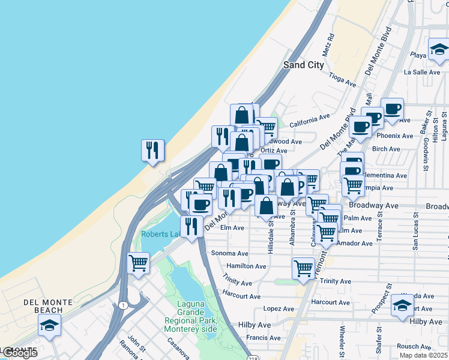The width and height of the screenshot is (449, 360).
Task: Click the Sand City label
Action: click(303, 65)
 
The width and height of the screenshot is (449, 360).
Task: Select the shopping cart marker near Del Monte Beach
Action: click(139, 263)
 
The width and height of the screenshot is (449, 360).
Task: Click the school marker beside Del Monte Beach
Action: click(50, 326)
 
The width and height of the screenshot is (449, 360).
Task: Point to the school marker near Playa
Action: click(439, 50)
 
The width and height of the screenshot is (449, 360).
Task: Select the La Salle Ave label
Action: click(423, 72)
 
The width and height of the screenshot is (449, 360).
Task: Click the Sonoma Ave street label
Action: click(229, 254)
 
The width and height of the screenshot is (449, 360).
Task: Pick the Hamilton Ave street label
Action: click(246, 266)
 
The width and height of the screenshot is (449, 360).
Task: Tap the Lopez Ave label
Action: click(279, 309)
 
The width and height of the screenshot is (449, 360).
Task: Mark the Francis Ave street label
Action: click(264, 338)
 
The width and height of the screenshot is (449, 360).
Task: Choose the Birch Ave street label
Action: click(386, 149)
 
